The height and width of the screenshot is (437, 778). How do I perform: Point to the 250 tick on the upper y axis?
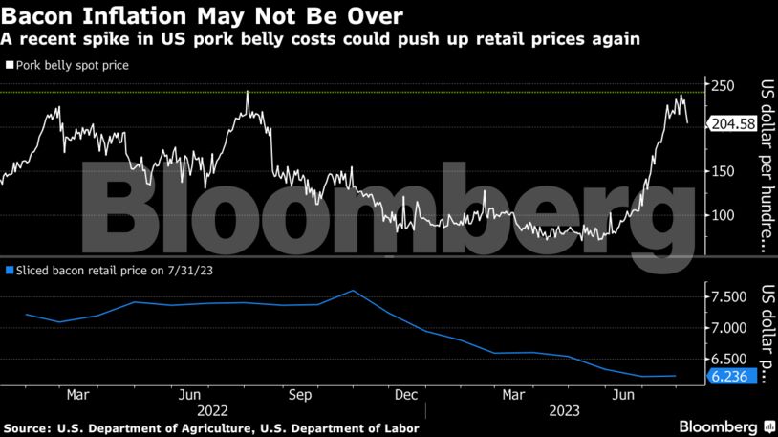723,86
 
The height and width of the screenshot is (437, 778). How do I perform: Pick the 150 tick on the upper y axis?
723,171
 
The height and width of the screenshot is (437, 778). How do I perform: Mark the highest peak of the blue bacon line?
353,290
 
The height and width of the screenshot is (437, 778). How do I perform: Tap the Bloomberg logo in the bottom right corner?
725,426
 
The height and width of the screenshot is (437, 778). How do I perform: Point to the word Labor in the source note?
400,427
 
